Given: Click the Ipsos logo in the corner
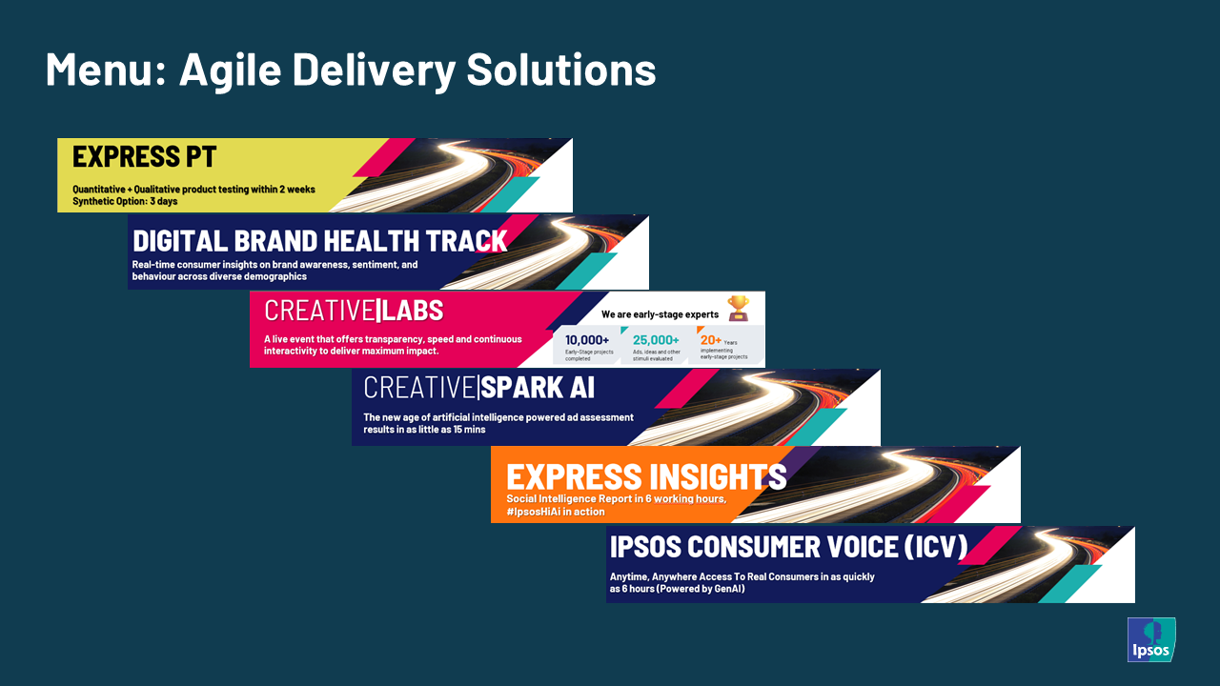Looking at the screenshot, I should (x=1151, y=639).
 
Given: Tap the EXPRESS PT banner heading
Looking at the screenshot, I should (x=145, y=156).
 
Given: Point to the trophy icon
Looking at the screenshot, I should (x=738, y=307).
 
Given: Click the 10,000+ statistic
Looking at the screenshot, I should (x=587, y=340).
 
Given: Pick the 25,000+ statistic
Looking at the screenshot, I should (x=656, y=340).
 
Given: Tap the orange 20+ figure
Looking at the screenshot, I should (x=711, y=339).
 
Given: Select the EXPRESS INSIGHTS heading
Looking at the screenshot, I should (x=646, y=475).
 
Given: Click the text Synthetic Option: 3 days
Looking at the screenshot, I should (x=125, y=201).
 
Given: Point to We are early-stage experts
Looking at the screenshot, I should (x=660, y=314).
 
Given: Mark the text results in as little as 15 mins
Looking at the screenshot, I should (x=424, y=430).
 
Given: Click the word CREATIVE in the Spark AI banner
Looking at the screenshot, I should (x=419, y=388).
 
